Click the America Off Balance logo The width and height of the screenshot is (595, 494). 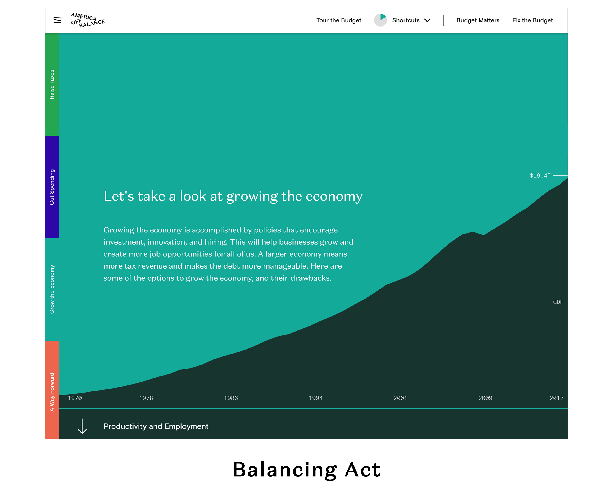click(88, 20)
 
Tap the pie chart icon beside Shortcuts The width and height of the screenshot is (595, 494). click(380, 20)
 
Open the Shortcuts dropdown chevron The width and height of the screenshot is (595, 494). click(427, 20)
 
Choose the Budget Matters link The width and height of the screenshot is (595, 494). click(478, 20)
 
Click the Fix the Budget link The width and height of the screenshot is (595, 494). click(532, 20)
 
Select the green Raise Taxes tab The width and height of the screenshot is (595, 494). click(52, 84)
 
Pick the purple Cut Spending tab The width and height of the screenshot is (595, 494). click(52, 187)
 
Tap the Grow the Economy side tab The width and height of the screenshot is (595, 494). click(52, 289)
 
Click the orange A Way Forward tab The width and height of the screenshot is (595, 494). click(52, 389)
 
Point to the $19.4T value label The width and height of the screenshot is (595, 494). click(540, 175)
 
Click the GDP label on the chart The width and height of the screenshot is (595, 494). click(558, 302)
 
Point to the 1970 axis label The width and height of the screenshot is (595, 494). click(75, 398)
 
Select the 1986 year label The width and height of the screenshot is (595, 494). click(231, 398)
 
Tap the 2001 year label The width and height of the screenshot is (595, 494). click(400, 398)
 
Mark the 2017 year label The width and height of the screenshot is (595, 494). click(556, 398)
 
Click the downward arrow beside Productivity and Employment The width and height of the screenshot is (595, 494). click(82, 426)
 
